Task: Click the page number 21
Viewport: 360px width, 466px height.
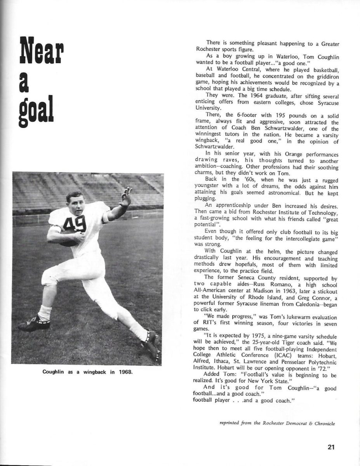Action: [331, 447]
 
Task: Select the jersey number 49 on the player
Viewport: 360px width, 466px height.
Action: [75, 224]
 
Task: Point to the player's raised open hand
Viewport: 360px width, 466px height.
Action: [126, 196]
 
